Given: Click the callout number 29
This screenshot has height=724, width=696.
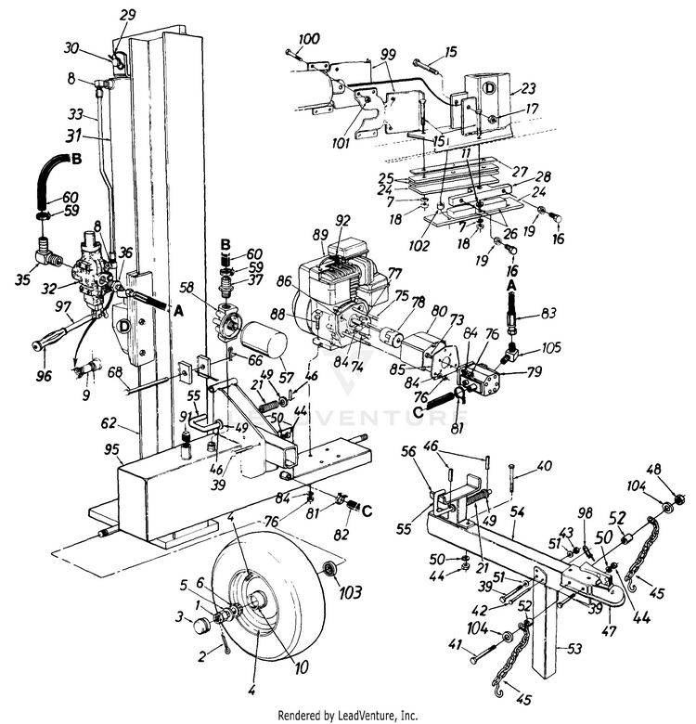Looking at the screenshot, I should click(128, 15).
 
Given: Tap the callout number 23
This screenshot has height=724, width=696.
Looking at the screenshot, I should click(528, 89).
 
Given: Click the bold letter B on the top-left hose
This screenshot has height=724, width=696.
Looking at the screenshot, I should click(77, 159).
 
